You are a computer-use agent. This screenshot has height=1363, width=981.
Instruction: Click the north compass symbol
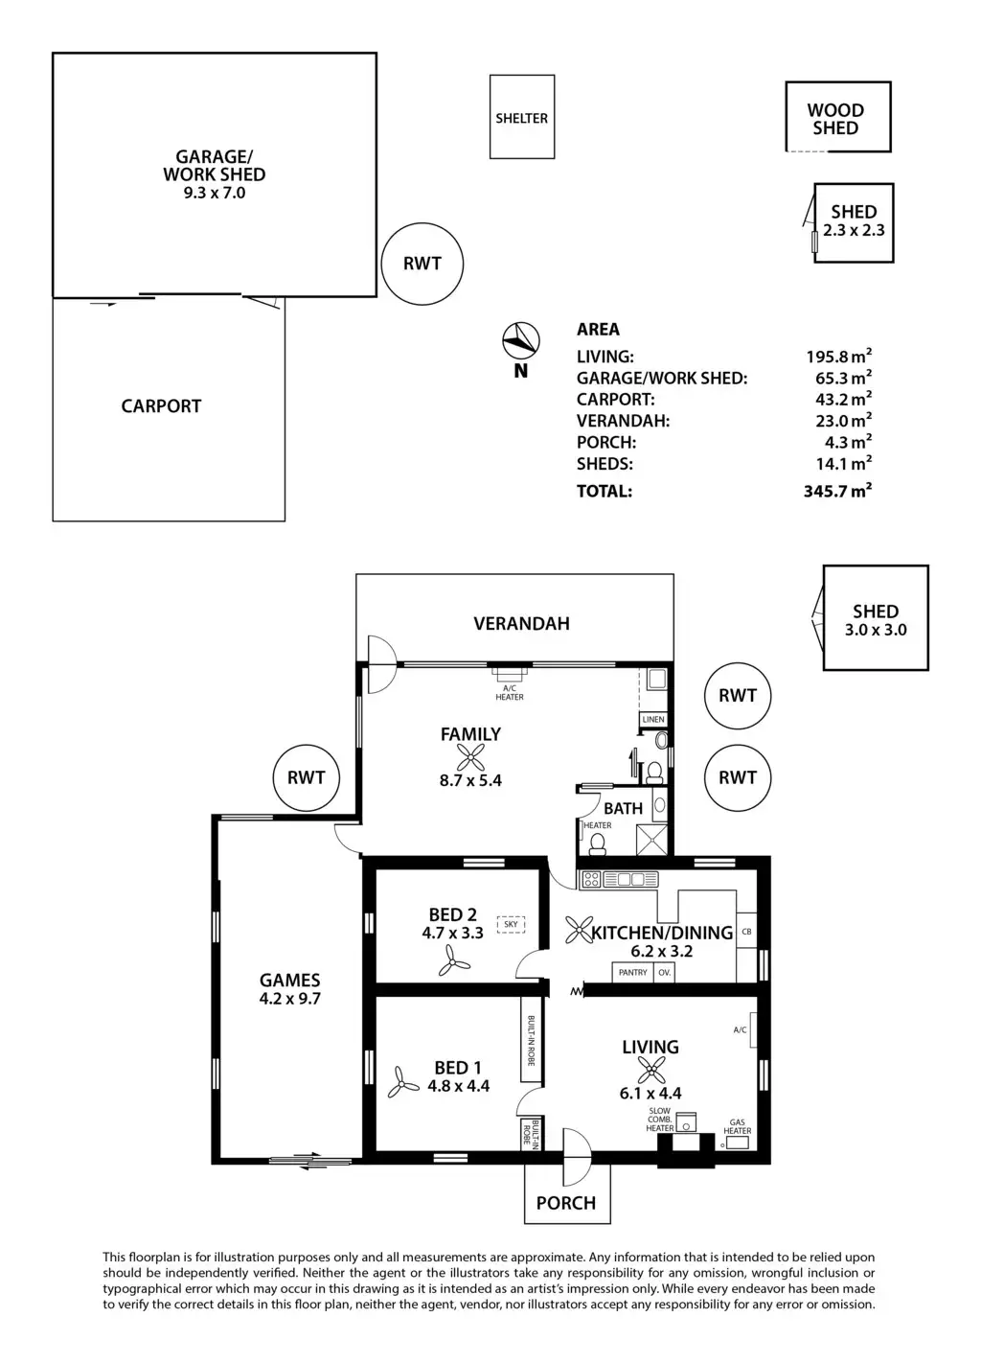(x=519, y=338)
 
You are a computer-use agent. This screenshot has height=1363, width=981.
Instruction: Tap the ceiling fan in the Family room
(x=469, y=759)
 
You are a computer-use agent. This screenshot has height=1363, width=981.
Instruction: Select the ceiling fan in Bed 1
(x=403, y=1084)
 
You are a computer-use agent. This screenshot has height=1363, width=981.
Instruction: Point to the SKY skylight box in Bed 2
(x=511, y=925)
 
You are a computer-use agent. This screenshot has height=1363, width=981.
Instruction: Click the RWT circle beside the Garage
(x=422, y=264)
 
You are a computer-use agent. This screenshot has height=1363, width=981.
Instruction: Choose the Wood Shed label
(x=835, y=119)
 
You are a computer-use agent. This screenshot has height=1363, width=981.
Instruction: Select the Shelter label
(x=521, y=119)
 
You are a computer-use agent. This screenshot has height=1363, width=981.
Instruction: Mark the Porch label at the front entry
(x=566, y=1203)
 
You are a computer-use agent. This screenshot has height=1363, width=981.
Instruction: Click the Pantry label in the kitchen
(x=632, y=972)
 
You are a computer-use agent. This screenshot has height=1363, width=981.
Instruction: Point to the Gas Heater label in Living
(x=738, y=1126)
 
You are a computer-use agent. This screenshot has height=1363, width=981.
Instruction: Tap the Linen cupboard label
(x=653, y=719)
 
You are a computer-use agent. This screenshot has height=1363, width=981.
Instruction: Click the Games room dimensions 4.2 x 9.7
(x=289, y=998)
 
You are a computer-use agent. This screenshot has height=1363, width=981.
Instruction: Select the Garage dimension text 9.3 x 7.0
(x=214, y=193)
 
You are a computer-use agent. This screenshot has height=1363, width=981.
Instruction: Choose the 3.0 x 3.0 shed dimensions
(x=875, y=630)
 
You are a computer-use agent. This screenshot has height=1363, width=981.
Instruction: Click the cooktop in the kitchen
(x=590, y=878)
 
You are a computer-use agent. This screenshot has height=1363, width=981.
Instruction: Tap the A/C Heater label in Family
(x=510, y=692)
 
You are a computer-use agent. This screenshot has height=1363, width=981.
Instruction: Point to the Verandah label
(x=521, y=624)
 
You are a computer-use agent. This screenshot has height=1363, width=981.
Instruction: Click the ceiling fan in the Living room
(x=650, y=1070)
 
